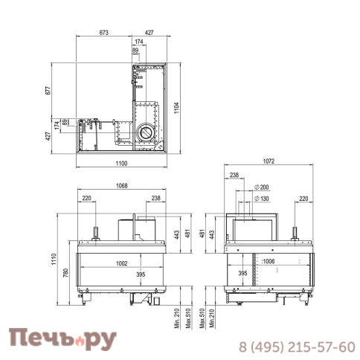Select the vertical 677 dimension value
click(48, 91)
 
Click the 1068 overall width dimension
click(124, 187)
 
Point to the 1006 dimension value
click(269, 263)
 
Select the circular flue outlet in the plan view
click(145, 134)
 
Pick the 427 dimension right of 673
click(150, 33)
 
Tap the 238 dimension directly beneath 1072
click(234, 176)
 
